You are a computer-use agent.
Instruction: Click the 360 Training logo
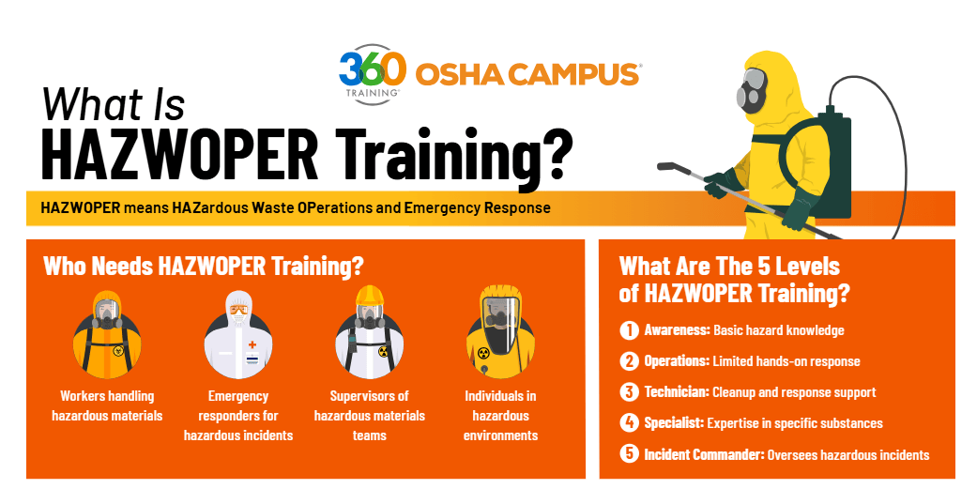tap(373, 73)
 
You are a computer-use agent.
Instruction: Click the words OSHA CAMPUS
tap(527, 74)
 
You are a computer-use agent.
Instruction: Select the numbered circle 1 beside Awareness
tap(629, 330)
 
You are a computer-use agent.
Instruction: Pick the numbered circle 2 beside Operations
tap(629, 361)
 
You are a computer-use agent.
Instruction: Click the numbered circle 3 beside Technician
tap(629, 392)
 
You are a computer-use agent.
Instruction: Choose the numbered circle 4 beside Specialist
tap(629, 423)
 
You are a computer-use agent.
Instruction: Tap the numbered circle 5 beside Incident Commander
tap(629, 454)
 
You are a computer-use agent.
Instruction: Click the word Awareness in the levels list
tap(677, 330)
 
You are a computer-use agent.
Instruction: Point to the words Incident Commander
tap(704, 454)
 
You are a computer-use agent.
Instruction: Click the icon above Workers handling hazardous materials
tap(107, 334)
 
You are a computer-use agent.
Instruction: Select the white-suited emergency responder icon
tap(238, 334)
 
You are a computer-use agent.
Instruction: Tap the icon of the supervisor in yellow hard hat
tap(370, 332)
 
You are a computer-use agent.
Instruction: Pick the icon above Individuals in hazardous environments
tap(500, 332)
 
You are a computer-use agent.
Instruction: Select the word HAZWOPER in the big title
tap(180, 153)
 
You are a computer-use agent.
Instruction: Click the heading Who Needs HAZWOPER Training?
tap(204, 266)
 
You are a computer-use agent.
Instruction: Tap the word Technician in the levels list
tap(677, 392)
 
